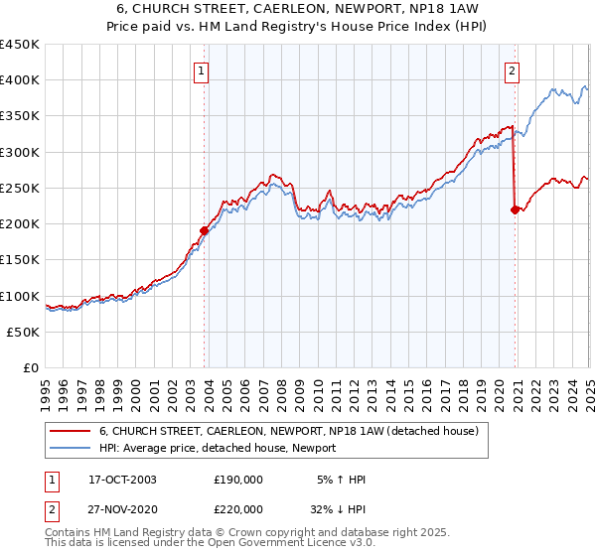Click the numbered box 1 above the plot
(x=202, y=70)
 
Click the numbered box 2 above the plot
(x=512, y=70)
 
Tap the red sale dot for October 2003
(x=205, y=230)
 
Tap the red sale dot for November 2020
(x=515, y=209)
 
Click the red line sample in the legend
(x=70, y=431)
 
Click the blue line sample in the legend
(x=70, y=449)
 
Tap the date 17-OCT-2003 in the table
(x=122, y=480)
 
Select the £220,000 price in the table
(x=238, y=508)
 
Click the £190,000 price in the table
(x=238, y=480)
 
